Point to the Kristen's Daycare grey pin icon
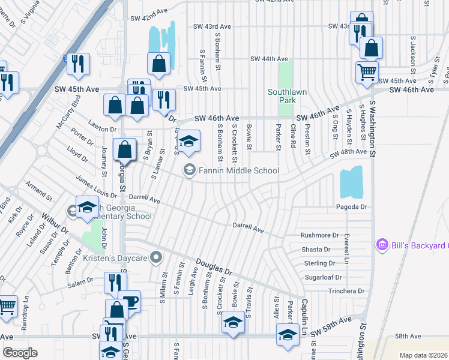pyautogui.click(x=157, y=258)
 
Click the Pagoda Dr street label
pyautogui.click(x=351, y=206)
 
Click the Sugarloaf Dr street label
pyautogui.click(x=323, y=277)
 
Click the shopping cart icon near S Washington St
pyautogui.click(x=367, y=72)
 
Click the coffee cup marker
pyautogui.click(x=130, y=301)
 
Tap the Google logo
pyautogui.click(x=20, y=353)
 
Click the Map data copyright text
pyautogui.click(x=423, y=355)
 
